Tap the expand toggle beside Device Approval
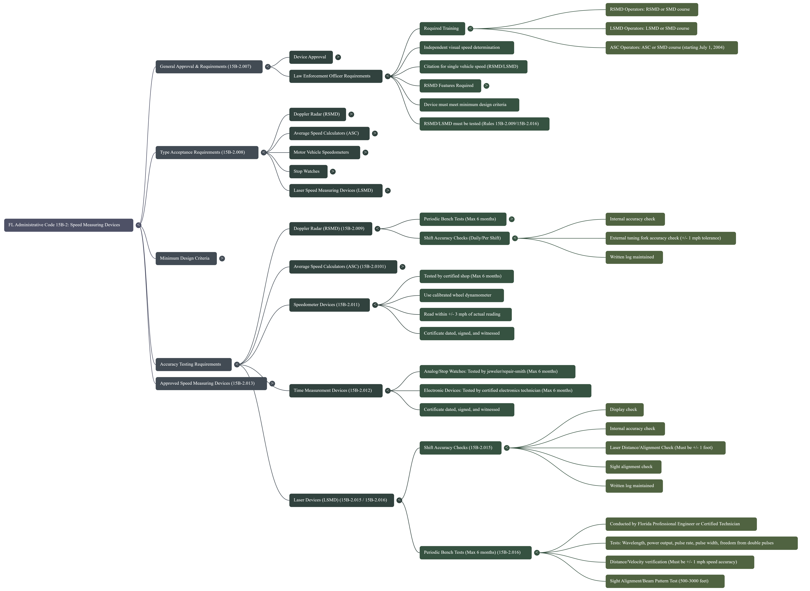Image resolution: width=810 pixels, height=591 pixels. point(338,57)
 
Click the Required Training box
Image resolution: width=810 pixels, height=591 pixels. point(442,29)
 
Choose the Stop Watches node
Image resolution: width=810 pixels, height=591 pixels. point(308,171)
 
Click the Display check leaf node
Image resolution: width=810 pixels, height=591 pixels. point(624,410)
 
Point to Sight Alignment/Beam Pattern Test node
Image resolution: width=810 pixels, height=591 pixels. point(664,581)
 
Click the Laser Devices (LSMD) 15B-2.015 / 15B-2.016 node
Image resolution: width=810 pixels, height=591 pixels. point(341,500)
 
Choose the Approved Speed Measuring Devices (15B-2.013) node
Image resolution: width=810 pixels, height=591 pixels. point(211,384)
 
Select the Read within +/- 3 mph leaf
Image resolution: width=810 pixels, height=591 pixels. point(465,314)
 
